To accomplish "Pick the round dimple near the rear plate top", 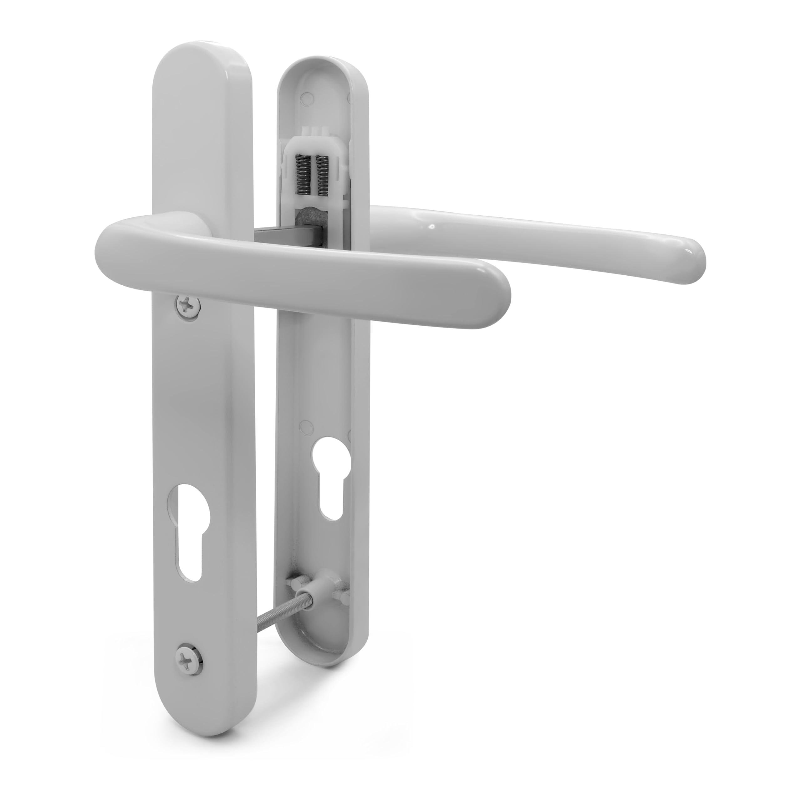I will tap(307, 97).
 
